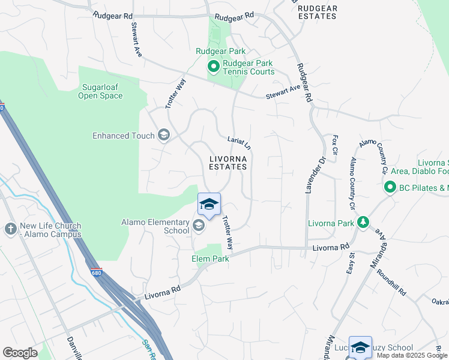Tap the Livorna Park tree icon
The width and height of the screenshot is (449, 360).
point(363,223)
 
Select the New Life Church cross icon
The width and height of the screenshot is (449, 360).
point(10,229)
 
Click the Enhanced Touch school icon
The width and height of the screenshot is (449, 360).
point(163,136)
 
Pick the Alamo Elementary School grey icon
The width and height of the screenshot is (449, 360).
point(199,226)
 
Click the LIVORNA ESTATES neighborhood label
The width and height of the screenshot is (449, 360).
point(228,163)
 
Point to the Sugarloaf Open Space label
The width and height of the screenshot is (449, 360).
point(100,91)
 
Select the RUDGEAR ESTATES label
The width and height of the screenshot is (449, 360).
point(317,12)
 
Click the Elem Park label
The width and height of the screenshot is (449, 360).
point(210,259)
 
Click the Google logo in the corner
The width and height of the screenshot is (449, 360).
point(20,353)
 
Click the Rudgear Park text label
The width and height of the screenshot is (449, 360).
point(216,52)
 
